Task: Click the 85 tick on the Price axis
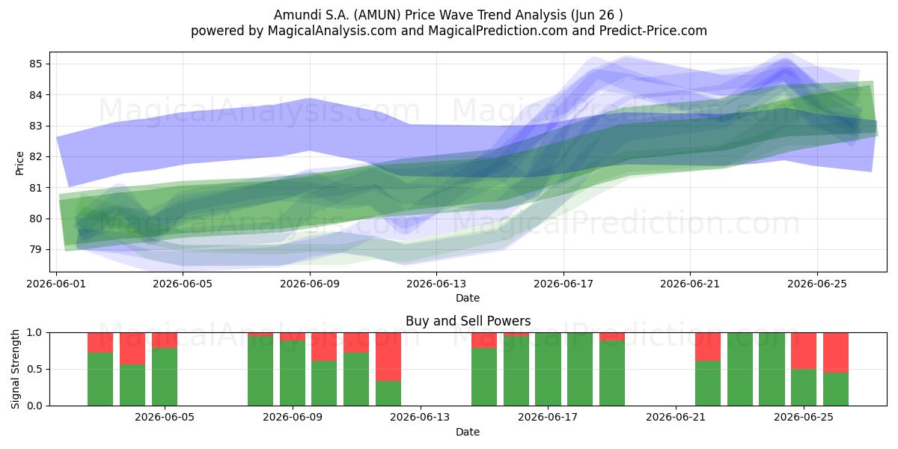35,64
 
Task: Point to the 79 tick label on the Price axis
35,249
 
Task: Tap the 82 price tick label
35,156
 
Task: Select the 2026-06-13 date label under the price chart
436,284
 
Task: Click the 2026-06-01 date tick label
56,284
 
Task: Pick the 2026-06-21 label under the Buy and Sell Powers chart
676,418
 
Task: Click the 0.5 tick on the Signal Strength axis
34,369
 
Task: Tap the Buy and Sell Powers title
468,321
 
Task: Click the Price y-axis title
19,163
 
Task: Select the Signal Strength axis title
15,369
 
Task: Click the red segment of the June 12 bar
388,357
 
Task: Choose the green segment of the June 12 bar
388,394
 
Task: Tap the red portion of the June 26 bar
836,352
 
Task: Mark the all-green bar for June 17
548,369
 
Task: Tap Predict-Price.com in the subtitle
653,31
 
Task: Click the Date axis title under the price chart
468,298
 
